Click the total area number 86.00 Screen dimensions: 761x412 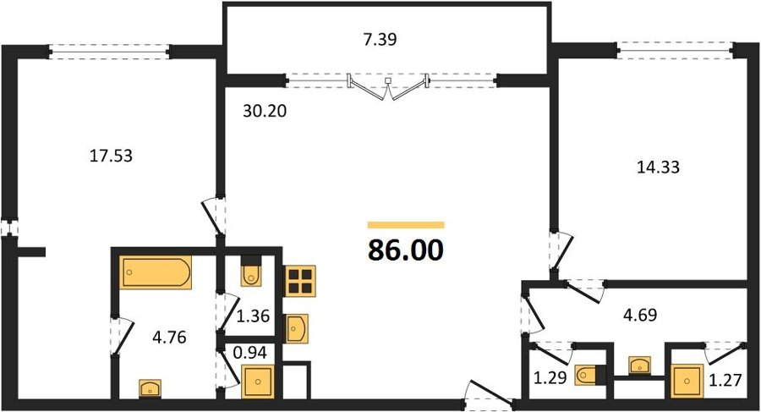[406, 250]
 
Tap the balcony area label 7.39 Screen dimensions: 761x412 [380, 40]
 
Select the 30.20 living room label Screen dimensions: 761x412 [265, 112]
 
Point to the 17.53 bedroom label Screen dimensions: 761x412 [111, 156]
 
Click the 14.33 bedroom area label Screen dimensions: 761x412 [658, 168]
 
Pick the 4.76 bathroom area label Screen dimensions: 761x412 [169, 337]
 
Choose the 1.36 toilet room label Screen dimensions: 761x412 [253, 316]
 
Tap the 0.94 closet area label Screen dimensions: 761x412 [250, 352]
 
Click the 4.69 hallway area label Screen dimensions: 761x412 [640, 315]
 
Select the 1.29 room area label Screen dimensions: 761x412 [550, 377]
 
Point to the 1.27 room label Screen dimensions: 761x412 [725, 380]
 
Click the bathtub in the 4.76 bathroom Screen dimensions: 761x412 [156, 272]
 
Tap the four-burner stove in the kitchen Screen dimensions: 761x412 [300, 281]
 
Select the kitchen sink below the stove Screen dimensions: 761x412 [296, 328]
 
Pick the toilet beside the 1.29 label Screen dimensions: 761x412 [588, 375]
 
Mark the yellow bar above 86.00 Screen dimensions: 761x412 [406, 225]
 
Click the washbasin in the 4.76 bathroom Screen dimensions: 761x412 [150, 388]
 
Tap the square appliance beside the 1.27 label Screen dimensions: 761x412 [687, 381]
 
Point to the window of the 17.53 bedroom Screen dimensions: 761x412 [109, 52]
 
